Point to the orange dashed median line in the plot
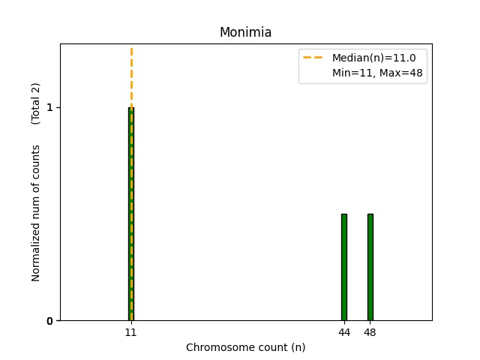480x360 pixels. (x=131, y=75)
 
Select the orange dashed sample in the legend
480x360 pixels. (x=314, y=57)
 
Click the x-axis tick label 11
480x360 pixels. (x=131, y=332)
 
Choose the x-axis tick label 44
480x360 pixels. (x=344, y=332)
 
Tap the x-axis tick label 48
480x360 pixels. (x=370, y=332)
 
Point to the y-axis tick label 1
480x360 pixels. (x=49, y=107)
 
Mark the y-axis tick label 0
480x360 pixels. (x=49, y=321)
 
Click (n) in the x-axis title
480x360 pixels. (x=298, y=347)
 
